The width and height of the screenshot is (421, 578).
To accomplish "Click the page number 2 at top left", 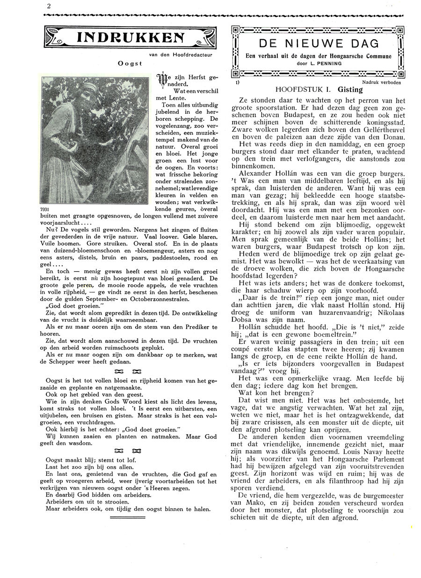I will (48, 6).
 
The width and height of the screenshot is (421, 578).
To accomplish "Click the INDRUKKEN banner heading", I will (130, 38).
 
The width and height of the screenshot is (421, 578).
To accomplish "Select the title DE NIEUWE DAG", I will (318, 44).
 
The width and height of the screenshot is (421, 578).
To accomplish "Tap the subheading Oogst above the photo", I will (130, 63).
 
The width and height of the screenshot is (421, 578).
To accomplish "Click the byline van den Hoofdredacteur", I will (181, 55).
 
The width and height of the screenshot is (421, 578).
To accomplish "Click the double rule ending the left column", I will (128, 517).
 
